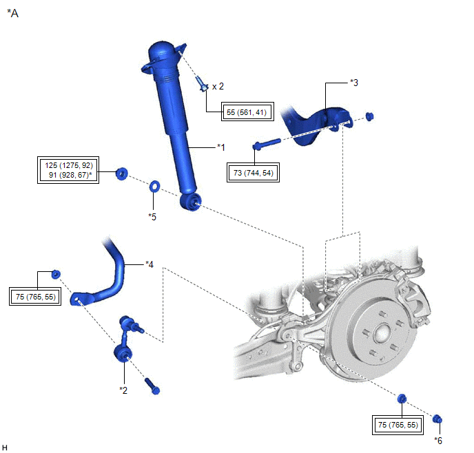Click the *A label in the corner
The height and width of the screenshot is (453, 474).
click(x=12, y=12)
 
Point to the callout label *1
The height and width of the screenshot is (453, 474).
click(x=220, y=147)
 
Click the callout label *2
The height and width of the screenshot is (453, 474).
click(x=123, y=390)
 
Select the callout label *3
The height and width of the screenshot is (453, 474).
click(x=353, y=83)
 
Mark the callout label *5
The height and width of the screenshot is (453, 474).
click(x=152, y=216)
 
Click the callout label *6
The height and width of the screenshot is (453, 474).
click(x=439, y=440)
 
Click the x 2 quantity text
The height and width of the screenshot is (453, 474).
click(x=218, y=86)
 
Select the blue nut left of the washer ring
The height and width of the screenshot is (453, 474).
click(x=122, y=173)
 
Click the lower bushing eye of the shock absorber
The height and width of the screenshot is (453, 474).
click(x=192, y=201)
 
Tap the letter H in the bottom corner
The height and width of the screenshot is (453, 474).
click(x=6, y=447)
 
